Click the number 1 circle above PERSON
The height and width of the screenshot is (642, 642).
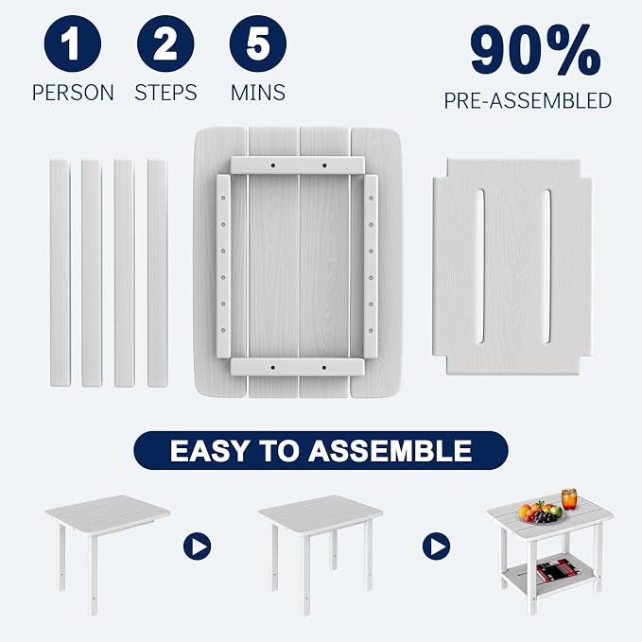coord(73,43)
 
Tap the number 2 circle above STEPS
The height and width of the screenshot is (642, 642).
coord(165,43)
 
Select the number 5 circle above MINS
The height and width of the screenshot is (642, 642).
coord(258,43)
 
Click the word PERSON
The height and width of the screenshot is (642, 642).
coord(73,93)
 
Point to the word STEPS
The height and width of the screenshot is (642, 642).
coord(165,93)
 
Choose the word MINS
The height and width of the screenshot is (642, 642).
coord(258,93)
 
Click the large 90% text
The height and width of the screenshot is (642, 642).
coord(535,50)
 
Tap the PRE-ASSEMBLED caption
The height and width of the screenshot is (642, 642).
coord(528,101)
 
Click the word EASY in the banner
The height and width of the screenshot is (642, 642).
coord(208,451)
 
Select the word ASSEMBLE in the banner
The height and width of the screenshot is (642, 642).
coord(390,451)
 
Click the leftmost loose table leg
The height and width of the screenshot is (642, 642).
coord(60,272)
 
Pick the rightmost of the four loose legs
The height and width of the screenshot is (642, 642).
coord(158,272)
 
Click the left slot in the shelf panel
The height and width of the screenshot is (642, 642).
coord(480,266)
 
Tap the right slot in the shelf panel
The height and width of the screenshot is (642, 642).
coord(547,266)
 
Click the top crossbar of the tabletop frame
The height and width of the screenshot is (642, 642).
coord(297,165)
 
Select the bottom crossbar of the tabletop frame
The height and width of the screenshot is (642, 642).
coord(297,367)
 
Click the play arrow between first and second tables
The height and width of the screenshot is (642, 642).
coord(197,547)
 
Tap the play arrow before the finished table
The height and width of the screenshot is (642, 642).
coord(436,547)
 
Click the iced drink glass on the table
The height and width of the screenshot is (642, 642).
coord(569,498)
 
